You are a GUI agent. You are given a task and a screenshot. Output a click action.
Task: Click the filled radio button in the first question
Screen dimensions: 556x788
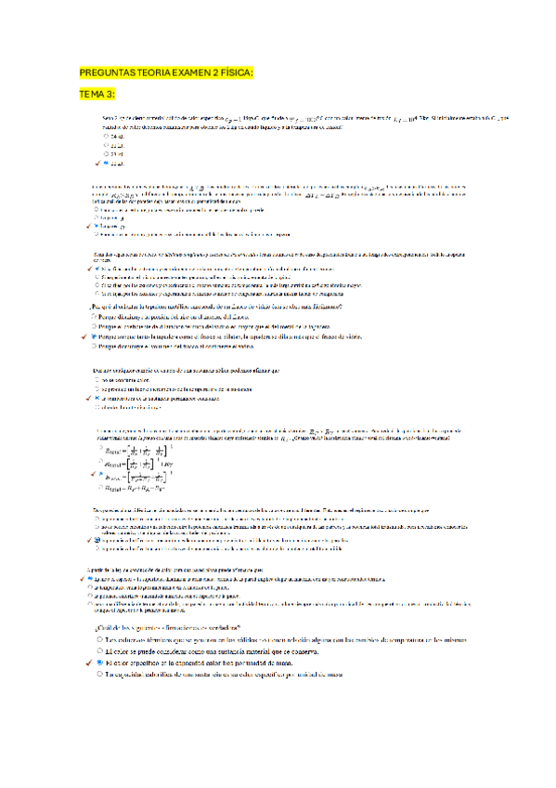point(106,163)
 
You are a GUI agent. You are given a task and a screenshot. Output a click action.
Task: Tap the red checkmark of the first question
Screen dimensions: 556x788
point(97,163)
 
